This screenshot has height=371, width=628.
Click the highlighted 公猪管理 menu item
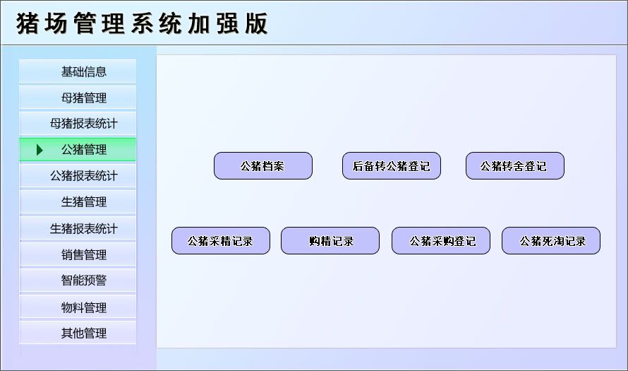point(83,150)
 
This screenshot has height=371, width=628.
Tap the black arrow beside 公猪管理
point(40,150)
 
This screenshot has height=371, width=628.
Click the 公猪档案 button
point(262,166)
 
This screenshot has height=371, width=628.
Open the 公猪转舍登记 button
point(514,166)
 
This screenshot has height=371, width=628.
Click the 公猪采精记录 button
point(220,241)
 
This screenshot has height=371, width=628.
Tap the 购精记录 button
point(330,241)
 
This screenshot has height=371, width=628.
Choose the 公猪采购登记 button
point(440,241)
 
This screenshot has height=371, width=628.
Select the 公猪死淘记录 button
point(550,241)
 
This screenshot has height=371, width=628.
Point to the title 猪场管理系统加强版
point(142,23)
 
